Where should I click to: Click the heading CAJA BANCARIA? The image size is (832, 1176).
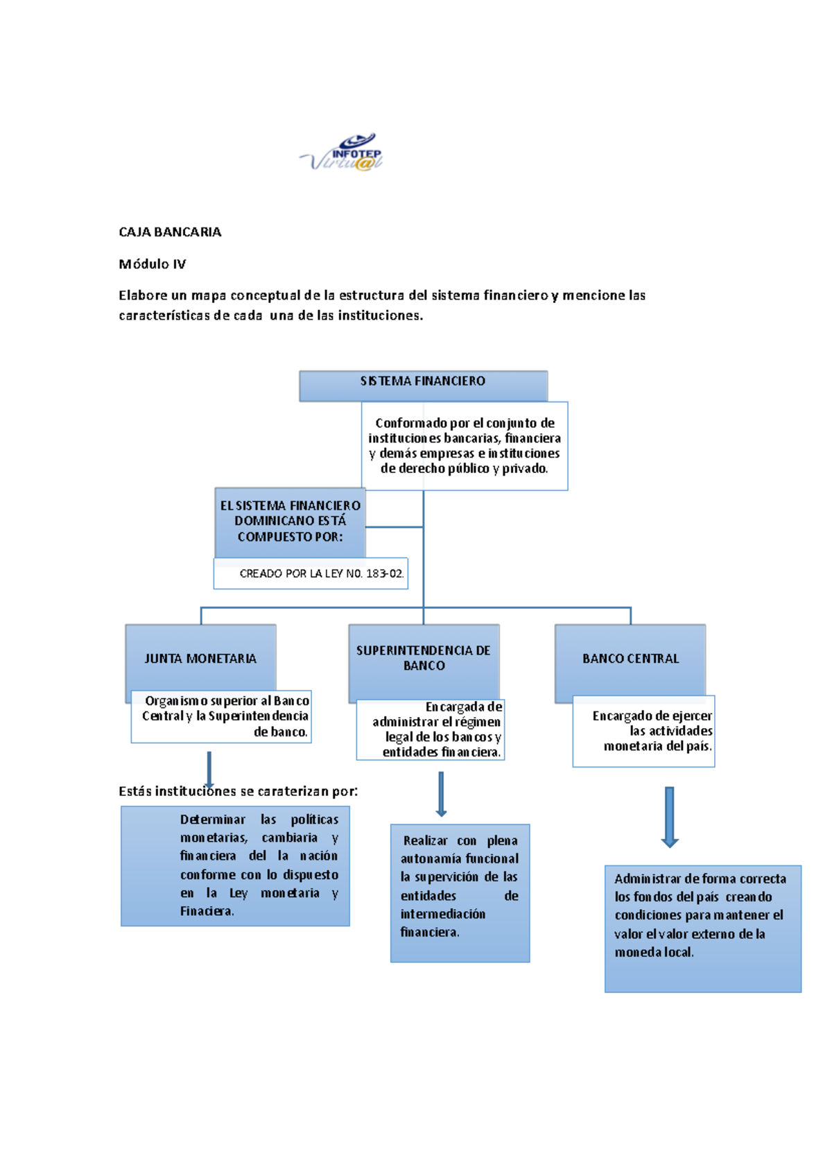click(x=170, y=232)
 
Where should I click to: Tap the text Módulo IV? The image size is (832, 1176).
click(x=152, y=264)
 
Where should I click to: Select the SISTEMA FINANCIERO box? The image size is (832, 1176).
click(x=423, y=386)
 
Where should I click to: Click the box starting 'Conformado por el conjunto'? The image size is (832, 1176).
click(x=465, y=446)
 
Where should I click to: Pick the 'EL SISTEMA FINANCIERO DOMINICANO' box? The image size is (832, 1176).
click(x=290, y=521)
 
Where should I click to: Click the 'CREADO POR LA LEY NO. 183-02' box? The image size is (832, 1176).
click(x=311, y=573)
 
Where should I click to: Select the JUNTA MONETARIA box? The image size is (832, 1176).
click(x=200, y=658)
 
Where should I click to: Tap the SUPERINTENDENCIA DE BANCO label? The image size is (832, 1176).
click(x=424, y=658)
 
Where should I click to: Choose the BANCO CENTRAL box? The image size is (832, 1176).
click(x=630, y=659)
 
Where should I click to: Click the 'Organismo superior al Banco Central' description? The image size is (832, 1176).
click(x=222, y=716)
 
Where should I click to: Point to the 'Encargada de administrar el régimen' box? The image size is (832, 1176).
click(x=431, y=729)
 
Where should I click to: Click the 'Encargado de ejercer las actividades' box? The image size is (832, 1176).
click(x=644, y=731)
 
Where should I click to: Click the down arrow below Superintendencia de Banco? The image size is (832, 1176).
click(x=441, y=795)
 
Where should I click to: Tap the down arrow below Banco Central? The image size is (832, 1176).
click(x=669, y=817)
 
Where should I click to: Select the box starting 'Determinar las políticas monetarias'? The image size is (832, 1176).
click(x=235, y=866)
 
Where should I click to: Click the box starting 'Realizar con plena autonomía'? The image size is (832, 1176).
click(x=460, y=893)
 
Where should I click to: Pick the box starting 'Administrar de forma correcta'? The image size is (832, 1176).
click(x=702, y=928)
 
